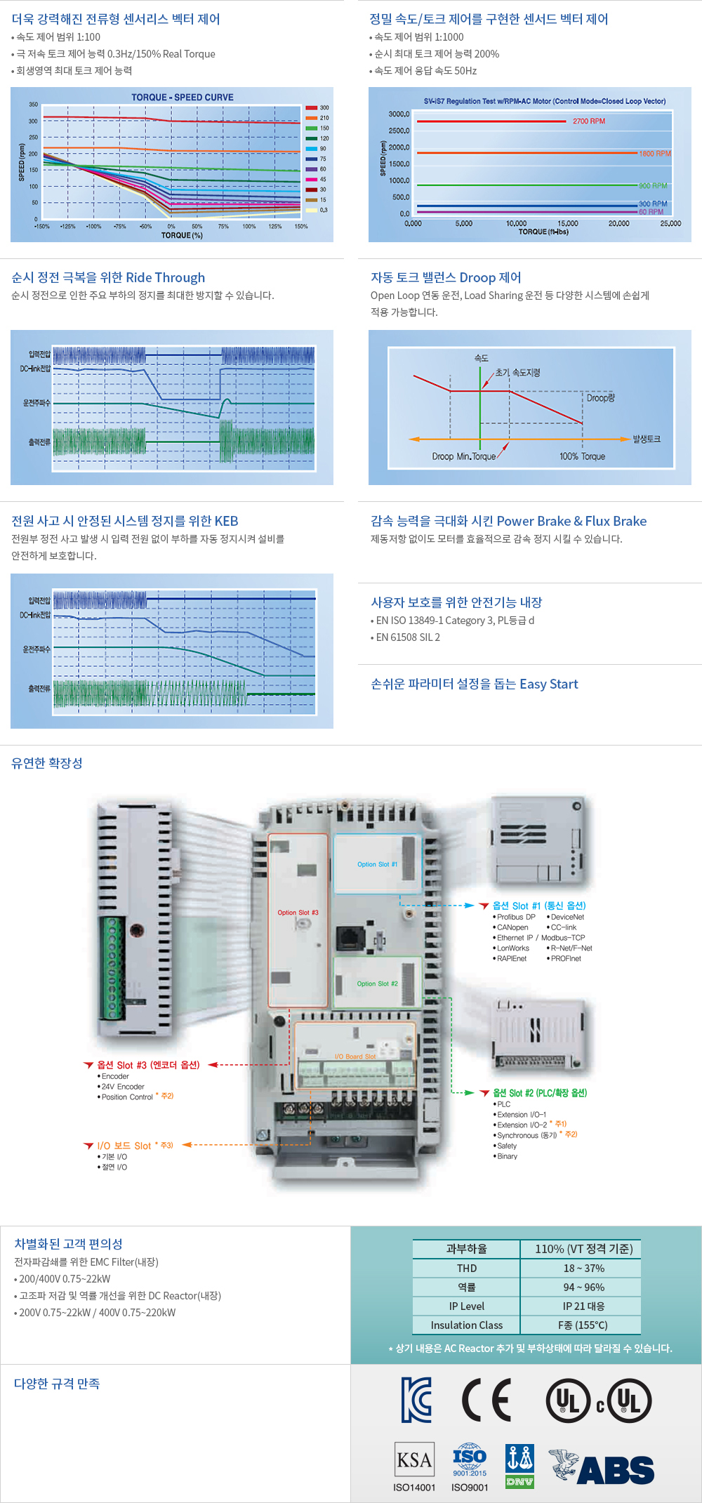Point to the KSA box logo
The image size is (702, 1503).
coord(414,1460)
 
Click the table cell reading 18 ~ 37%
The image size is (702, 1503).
coord(583,1268)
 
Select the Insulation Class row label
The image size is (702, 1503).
coord(467,1325)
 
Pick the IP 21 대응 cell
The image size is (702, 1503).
coord(583,1306)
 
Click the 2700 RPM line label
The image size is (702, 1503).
coord(588,121)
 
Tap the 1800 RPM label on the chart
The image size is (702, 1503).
coord(654,153)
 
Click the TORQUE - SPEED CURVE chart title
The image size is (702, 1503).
coord(183,98)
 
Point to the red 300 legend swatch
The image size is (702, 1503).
coord(311,108)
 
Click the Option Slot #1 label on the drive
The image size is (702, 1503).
coord(377,864)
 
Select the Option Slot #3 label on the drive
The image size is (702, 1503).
coord(298,913)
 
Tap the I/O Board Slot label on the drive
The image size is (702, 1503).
coord(355,1056)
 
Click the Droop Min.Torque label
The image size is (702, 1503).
coord(463,456)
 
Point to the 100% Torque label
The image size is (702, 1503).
coord(582,456)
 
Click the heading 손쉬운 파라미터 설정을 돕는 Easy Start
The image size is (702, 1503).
coord(475,684)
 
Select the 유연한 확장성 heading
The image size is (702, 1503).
coord(47,763)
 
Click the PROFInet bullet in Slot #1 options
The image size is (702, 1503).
coord(566,958)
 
